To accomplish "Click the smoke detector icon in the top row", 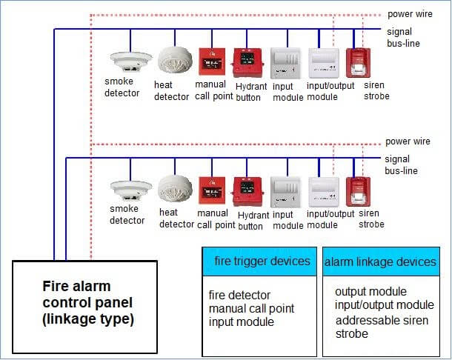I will (130, 60).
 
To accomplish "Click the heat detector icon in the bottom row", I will (176, 189).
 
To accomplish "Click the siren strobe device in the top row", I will (359, 61).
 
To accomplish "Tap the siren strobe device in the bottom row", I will (359, 190).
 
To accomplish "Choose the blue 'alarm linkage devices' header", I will (380, 261).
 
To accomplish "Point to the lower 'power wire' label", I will (408, 141).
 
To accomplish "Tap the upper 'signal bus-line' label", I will (404, 38).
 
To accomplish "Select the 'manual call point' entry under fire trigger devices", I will (251, 308).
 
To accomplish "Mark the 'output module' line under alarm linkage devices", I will (370, 292).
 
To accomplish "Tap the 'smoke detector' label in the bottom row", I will (127, 215).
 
